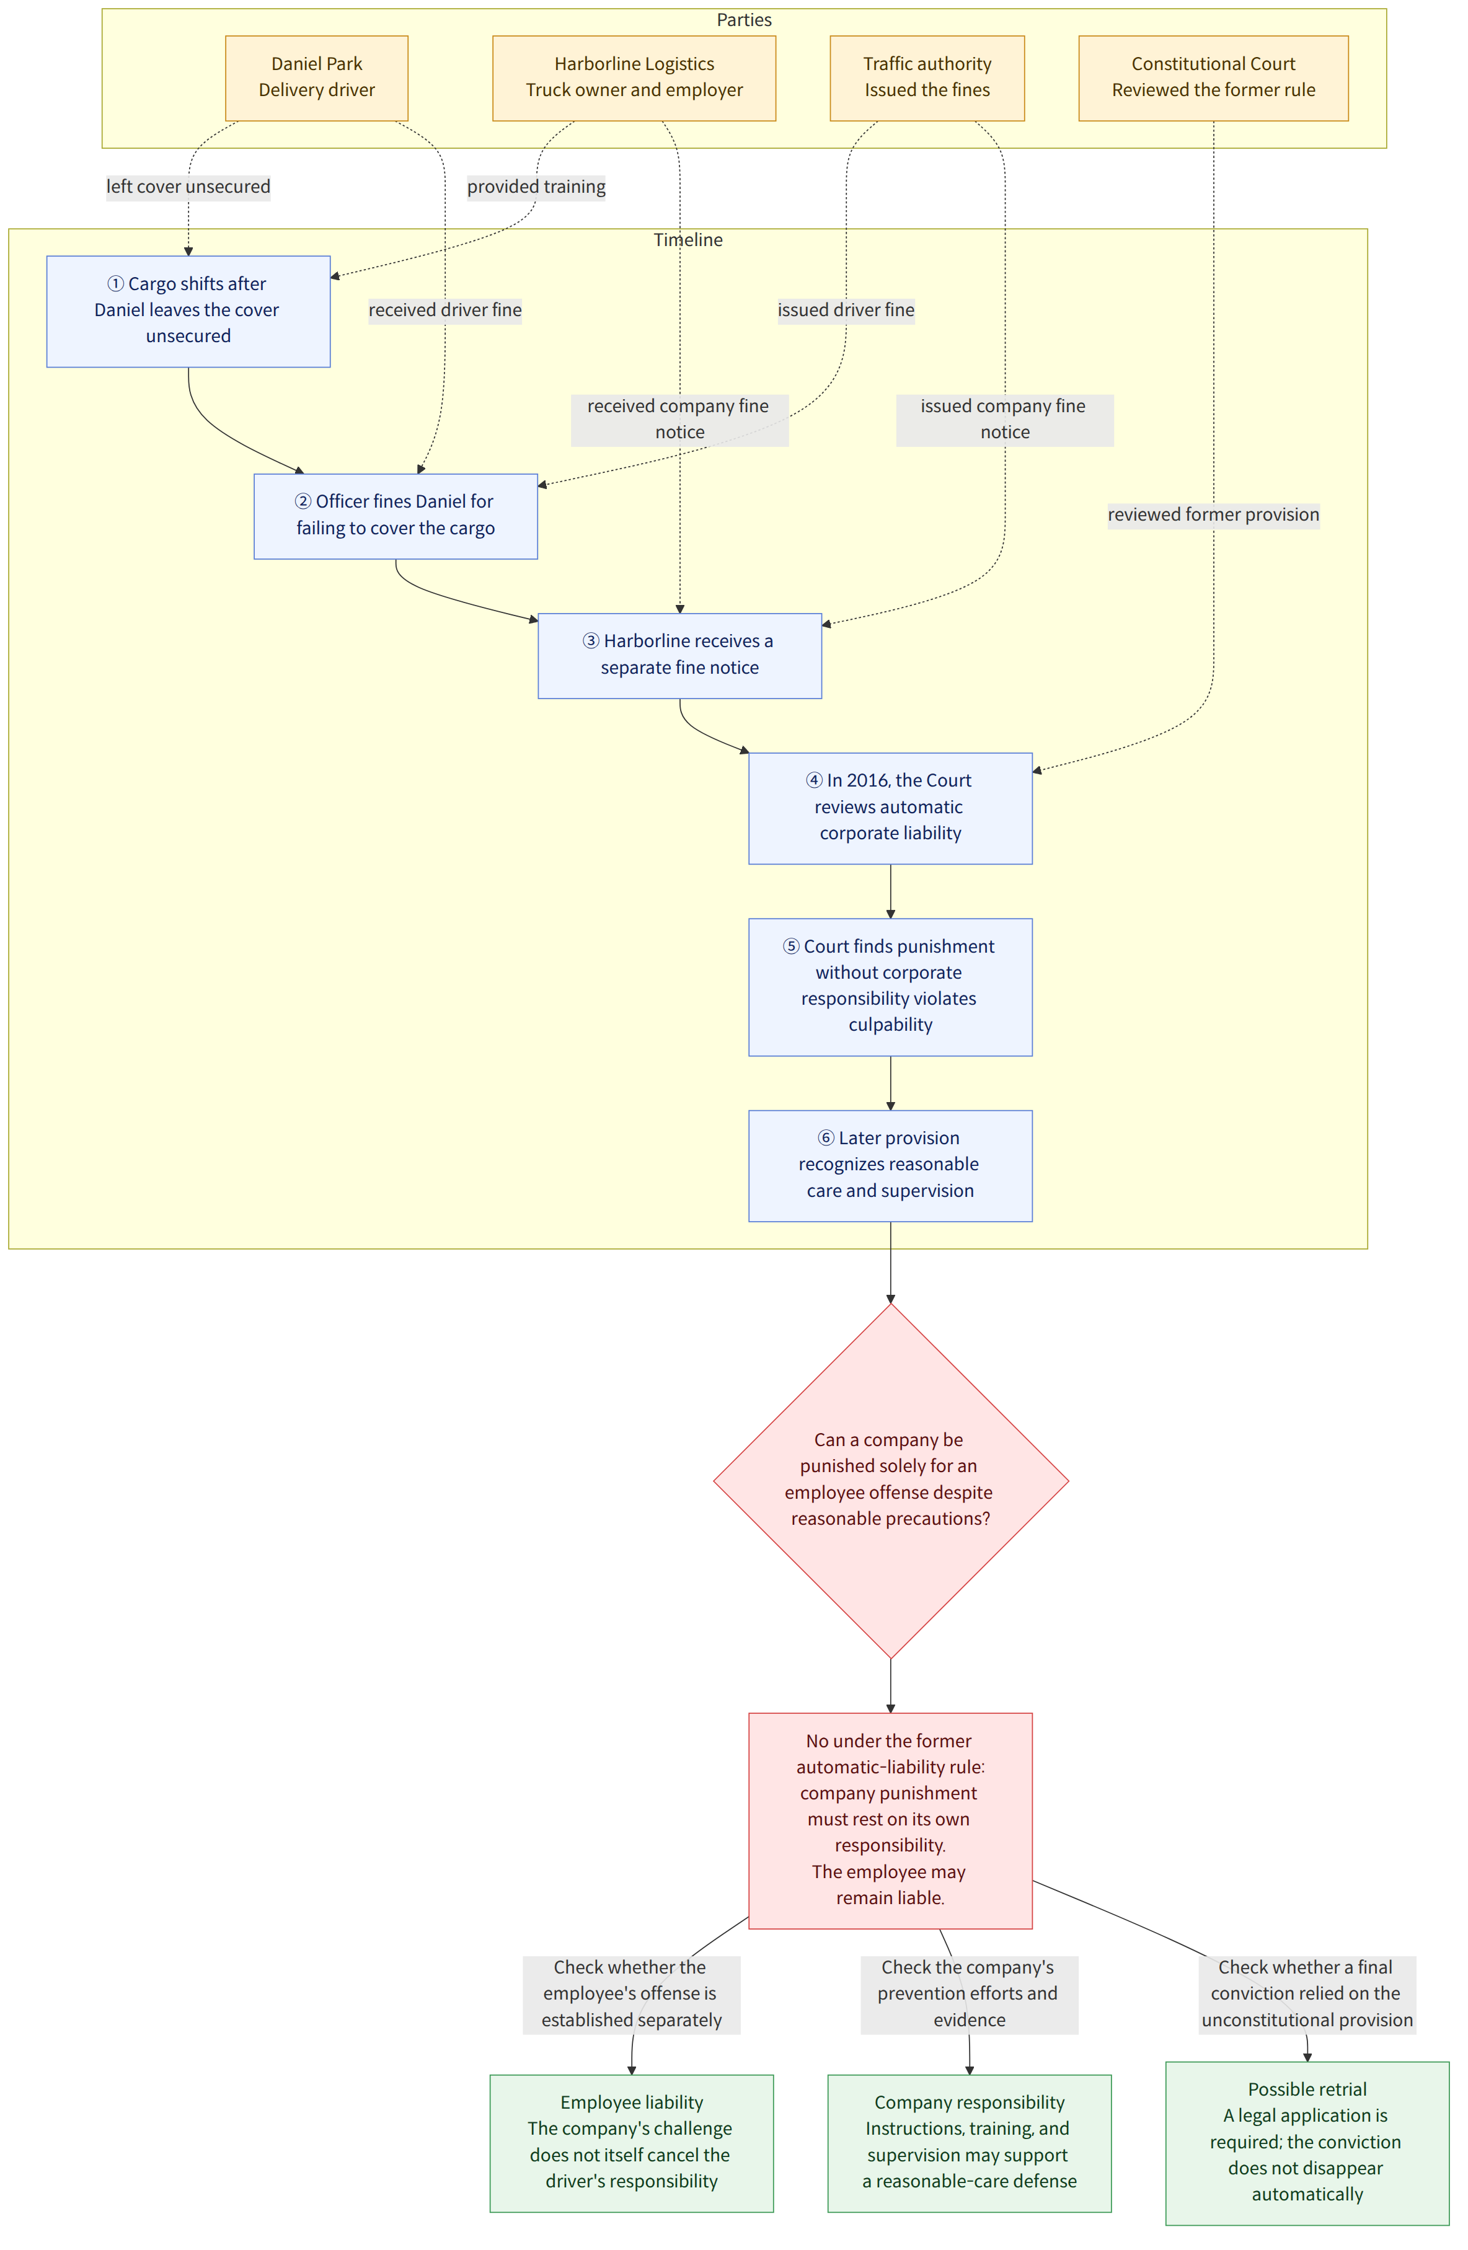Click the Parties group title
click(x=744, y=20)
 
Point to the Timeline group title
click(x=688, y=240)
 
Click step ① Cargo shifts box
click(x=188, y=311)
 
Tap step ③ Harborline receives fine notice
click(x=679, y=656)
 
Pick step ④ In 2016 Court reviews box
click(x=890, y=808)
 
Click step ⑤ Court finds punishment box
click(x=890, y=987)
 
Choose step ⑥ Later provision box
click(x=890, y=1166)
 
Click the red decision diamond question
click(x=890, y=1480)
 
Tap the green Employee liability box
click(x=632, y=2144)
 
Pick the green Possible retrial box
click(x=1307, y=2143)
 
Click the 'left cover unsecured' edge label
click(x=188, y=186)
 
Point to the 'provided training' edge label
click(x=537, y=186)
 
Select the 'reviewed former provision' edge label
click(x=1214, y=514)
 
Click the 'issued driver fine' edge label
click(x=846, y=310)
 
